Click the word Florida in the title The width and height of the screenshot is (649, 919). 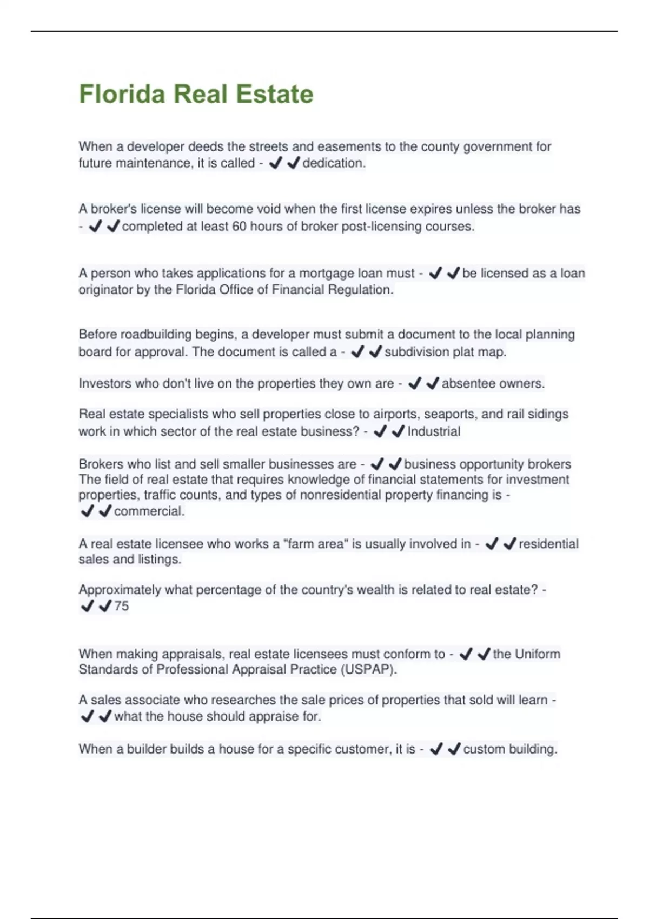click(122, 94)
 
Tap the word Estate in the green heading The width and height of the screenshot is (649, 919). click(275, 94)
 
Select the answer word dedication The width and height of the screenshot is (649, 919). click(334, 163)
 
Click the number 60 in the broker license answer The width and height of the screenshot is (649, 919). click(239, 227)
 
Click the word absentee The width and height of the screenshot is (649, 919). click(466, 384)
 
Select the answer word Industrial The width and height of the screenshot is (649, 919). click(434, 431)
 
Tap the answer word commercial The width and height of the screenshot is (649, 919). click(149, 511)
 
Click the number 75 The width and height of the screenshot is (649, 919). click(122, 606)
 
